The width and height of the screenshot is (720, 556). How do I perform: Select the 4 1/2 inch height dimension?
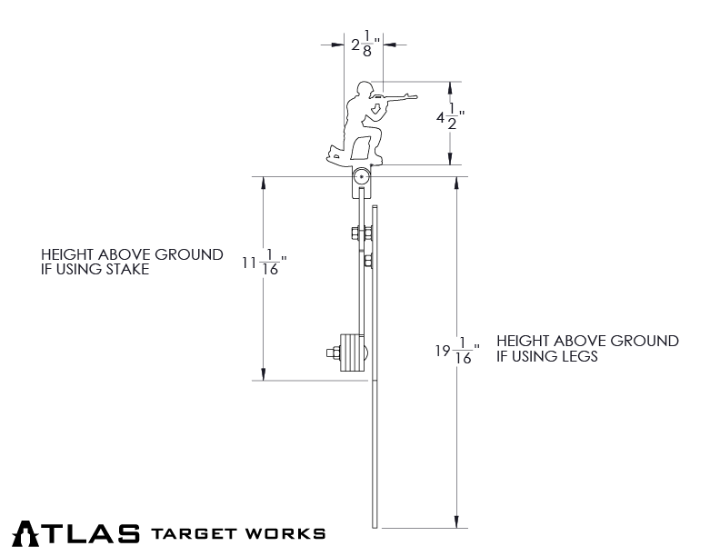click(x=450, y=119)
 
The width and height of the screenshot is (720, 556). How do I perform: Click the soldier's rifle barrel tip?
click(x=415, y=93)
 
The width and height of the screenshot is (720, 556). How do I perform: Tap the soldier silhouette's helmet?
click(x=365, y=88)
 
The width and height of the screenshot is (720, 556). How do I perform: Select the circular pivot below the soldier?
click(x=362, y=178)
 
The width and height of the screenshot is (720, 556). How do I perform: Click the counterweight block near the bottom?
click(x=350, y=352)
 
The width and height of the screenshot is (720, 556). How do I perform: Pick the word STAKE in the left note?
click(x=126, y=270)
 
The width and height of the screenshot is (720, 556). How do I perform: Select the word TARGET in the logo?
click(x=195, y=533)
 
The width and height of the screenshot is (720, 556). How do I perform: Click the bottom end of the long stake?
click(x=375, y=525)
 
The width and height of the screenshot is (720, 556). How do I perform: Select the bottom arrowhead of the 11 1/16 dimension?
click(x=265, y=373)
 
